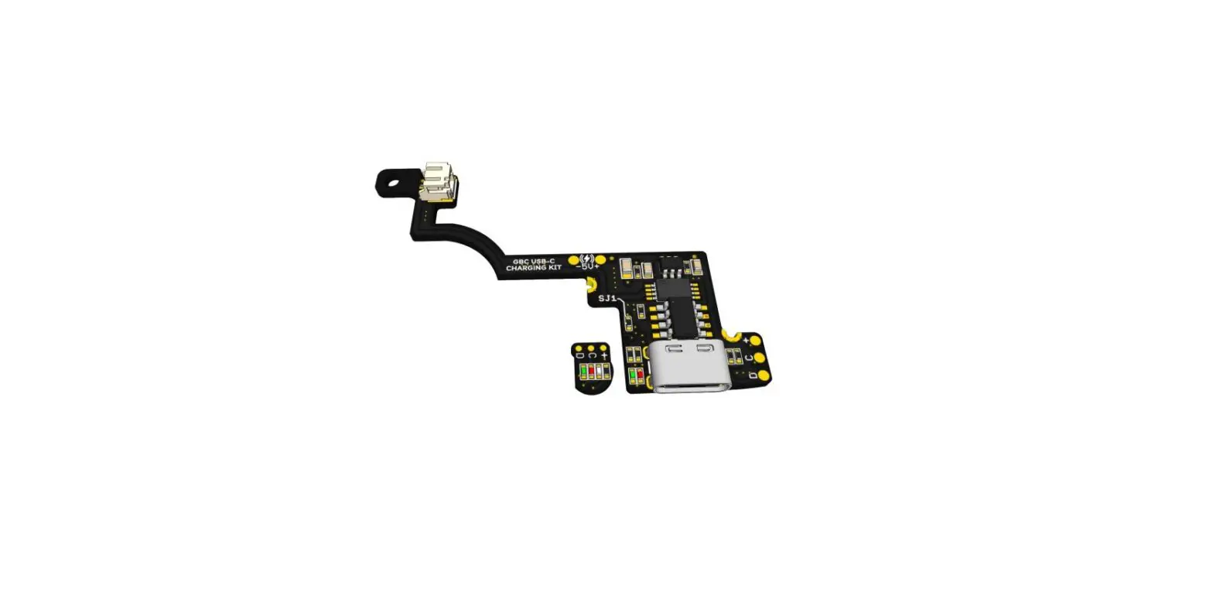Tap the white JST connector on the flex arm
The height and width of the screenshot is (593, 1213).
pos(439,181)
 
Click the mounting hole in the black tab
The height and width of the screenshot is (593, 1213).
pos(394,184)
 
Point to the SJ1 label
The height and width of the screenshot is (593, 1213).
pos(607,298)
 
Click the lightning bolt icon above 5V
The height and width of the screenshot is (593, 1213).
pos(587,259)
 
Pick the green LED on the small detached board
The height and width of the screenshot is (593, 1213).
pos(583,372)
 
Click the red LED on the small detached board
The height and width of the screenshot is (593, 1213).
pos(592,372)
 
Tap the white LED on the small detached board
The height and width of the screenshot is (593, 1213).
pos(600,372)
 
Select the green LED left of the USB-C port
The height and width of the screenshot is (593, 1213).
pos(633,377)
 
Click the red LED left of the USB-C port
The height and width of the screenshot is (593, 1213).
pos(641,377)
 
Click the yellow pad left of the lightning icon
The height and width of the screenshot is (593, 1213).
pos(574,261)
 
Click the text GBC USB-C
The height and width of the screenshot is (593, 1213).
pos(534,261)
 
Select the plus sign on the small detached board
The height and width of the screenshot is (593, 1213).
pos(604,355)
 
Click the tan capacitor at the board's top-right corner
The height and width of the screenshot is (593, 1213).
pos(695,266)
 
